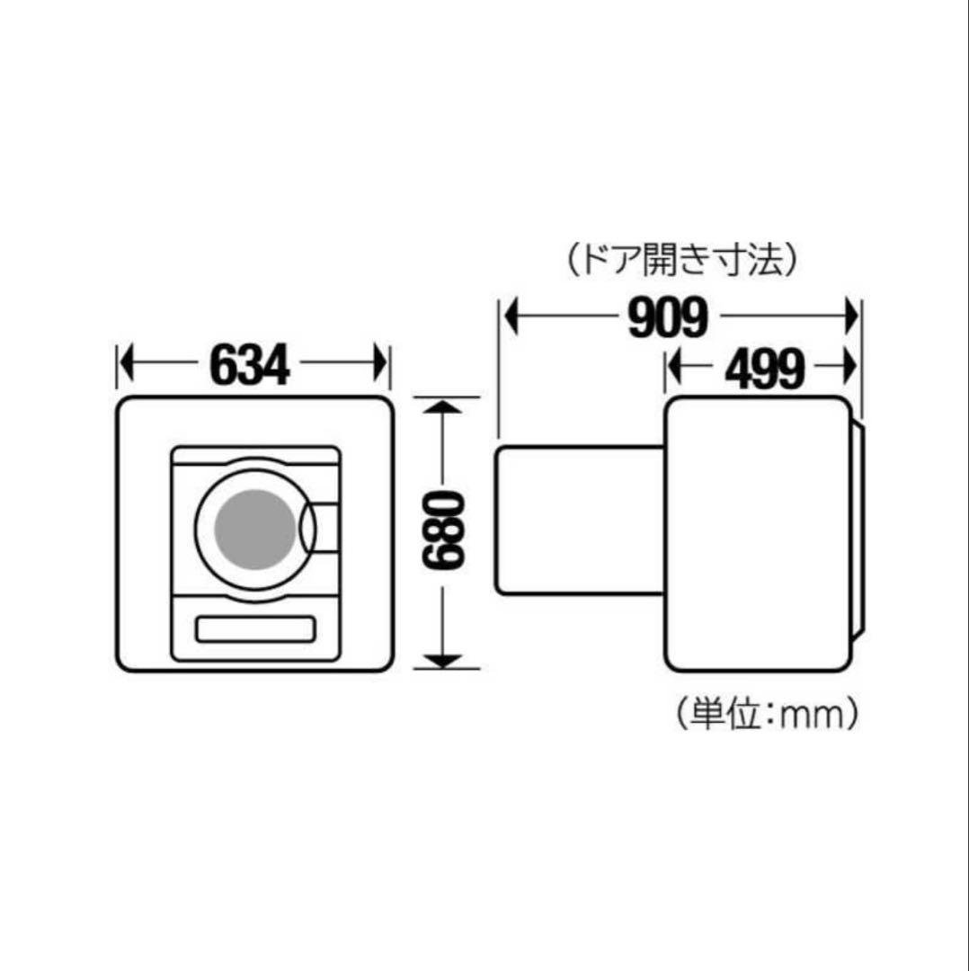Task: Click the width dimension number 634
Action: pos(251,364)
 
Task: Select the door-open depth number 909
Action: pos(668,317)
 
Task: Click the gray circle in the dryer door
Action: pos(254,530)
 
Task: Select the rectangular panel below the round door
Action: pos(255,628)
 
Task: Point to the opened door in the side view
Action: pos(580,521)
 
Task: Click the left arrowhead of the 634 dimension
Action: pos(127,364)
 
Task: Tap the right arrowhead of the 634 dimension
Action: pos(381,364)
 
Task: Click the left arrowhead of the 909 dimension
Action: pos(511,317)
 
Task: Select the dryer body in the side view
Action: pos(757,534)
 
